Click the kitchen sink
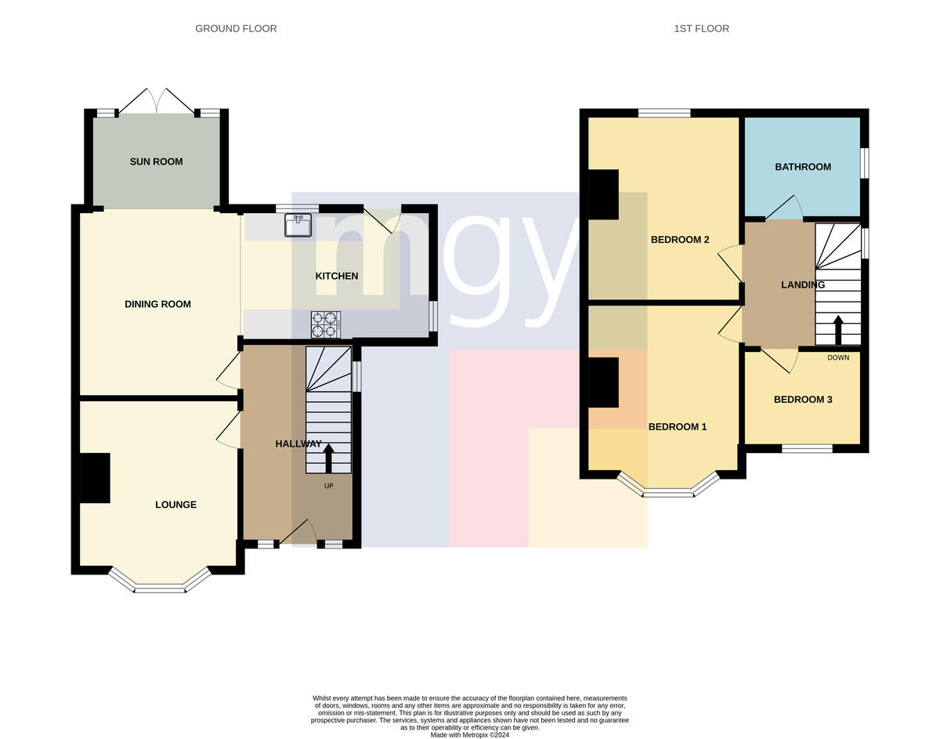pyautogui.click(x=298, y=225)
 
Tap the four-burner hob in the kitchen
pyautogui.click(x=325, y=324)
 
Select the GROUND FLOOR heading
pyautogui.click(x=236, y=28)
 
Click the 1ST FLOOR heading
pyautogui.click(x=701, y=28)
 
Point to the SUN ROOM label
pyautogui.click(x=156, y=161)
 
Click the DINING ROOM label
pyautogui.click(x=157, y=304)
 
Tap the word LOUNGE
pyautogui.click(x=175, y=505)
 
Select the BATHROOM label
pyautogui.click(x=802, y=167)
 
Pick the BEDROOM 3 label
pyautogui.click(x=802, y=400)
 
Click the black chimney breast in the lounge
pyautogui.click(x=95, y=478)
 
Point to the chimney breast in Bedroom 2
pyautogui.click(x=603, y=194)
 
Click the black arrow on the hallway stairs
pyautogui.click(x=328, y=458)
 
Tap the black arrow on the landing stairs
pyautogui.click(x=838, y=330)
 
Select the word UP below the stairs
pyautogui.click(x=329, y=486)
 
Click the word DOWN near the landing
pyautogui.click(x=838, y=358)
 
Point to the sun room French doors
pyautogui.click(x=157, y=101)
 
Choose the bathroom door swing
pyautogui.click(x=784, y=207)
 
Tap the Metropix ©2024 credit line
pyautogui.click(x=470, y=734)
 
